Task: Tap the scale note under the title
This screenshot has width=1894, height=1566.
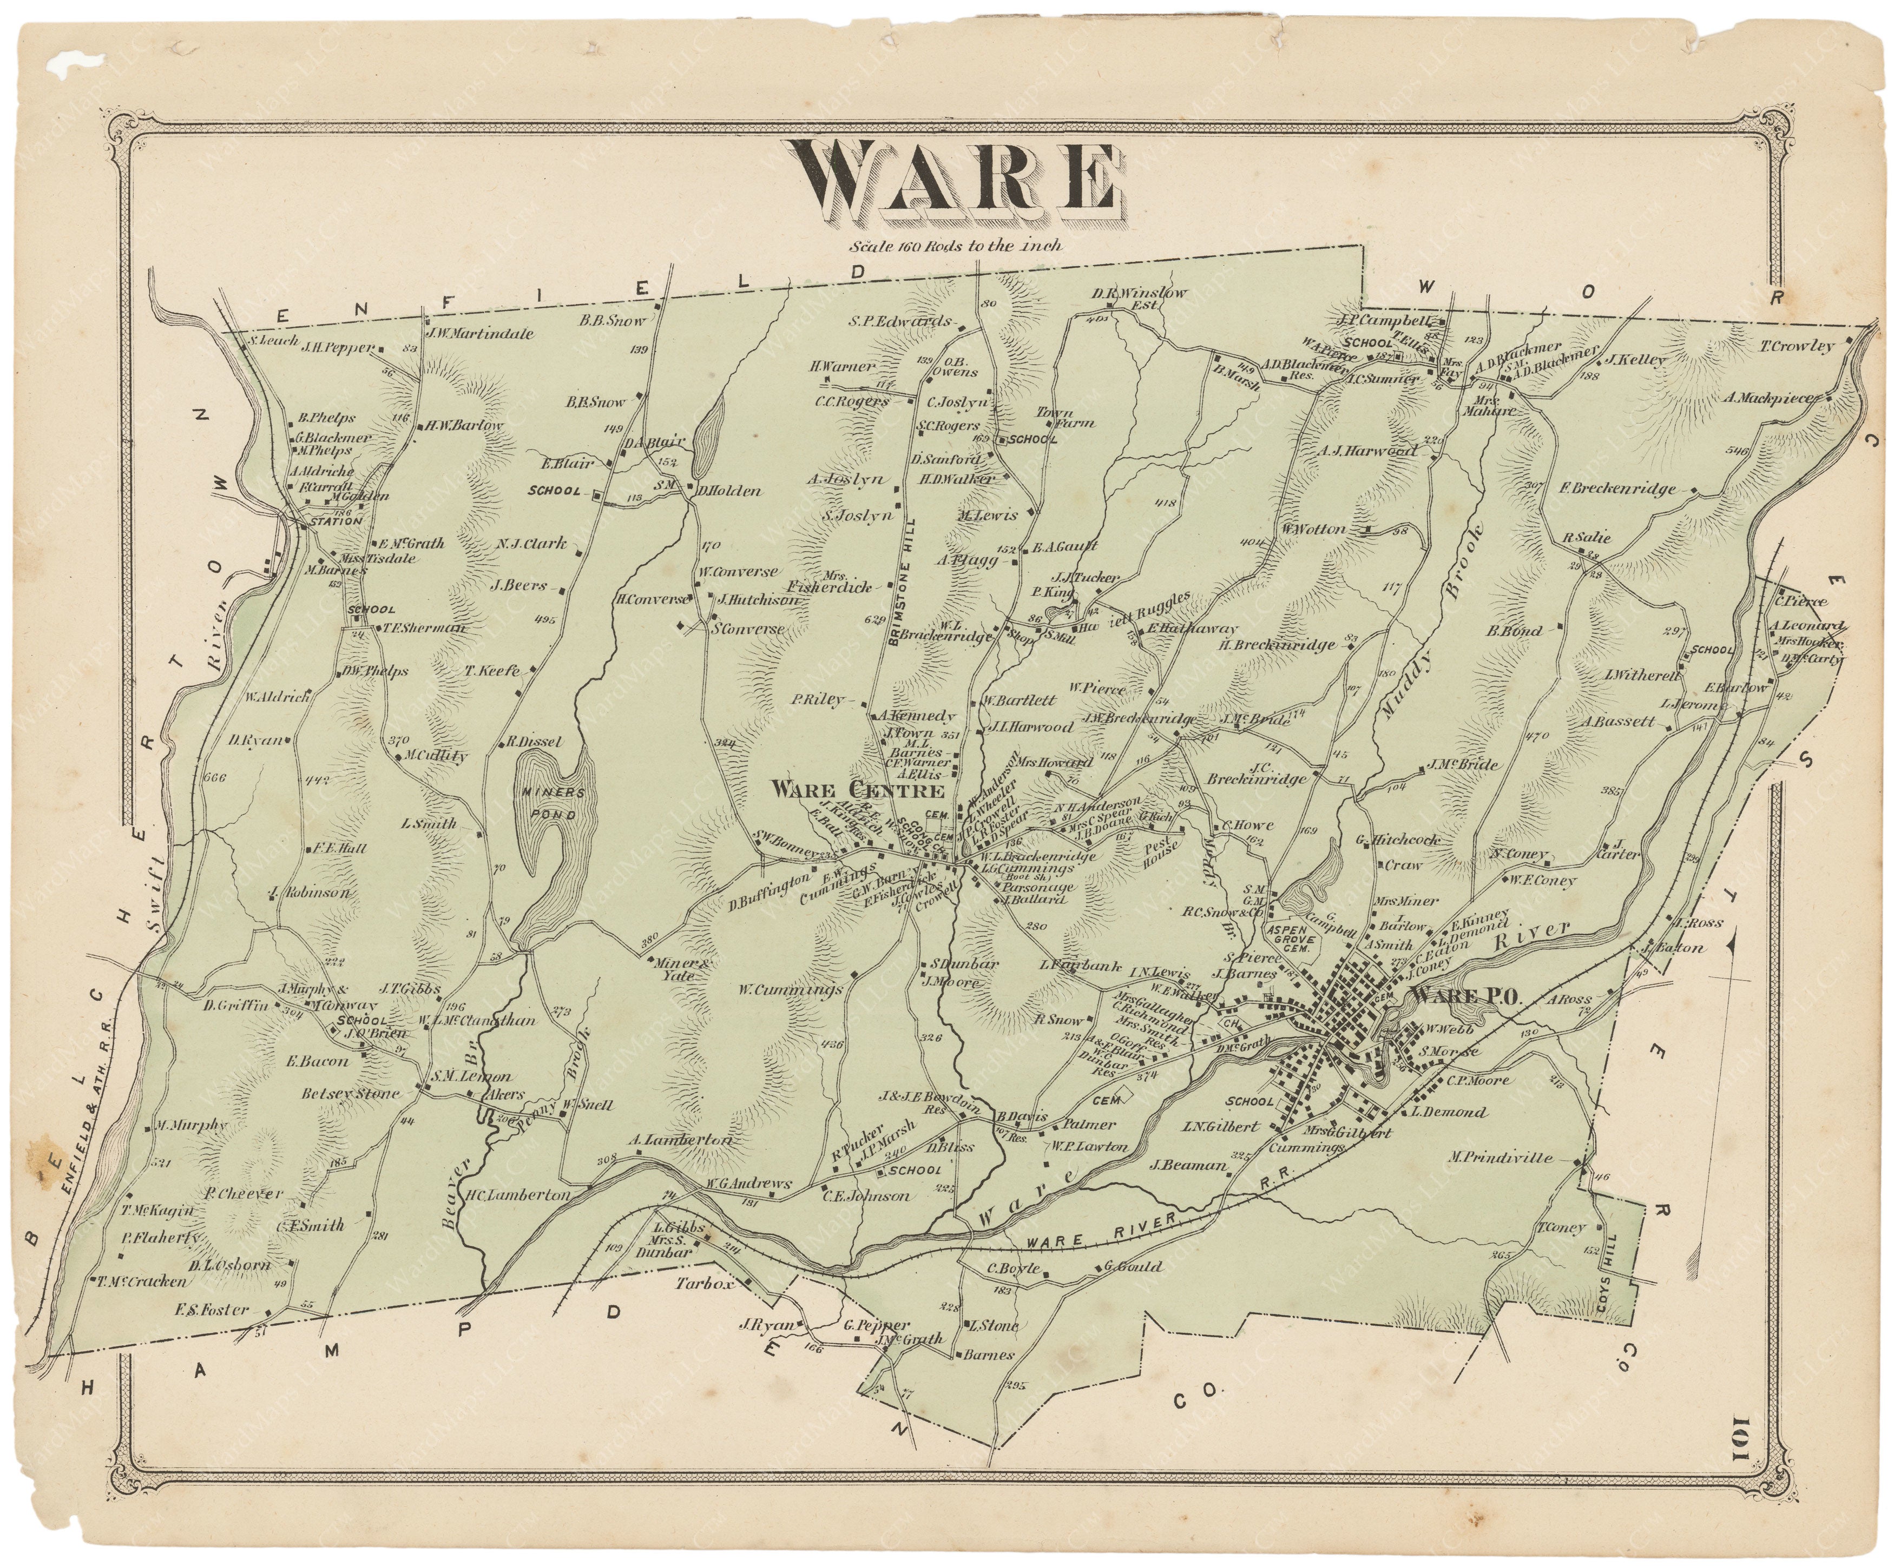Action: pyautogui.click(x=954, y=245)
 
